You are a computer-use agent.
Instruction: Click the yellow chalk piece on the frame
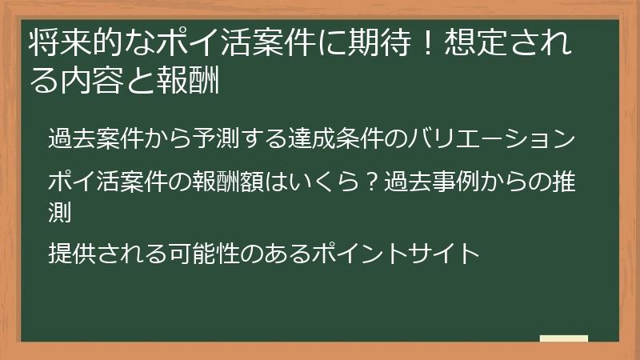pos(563,339)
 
